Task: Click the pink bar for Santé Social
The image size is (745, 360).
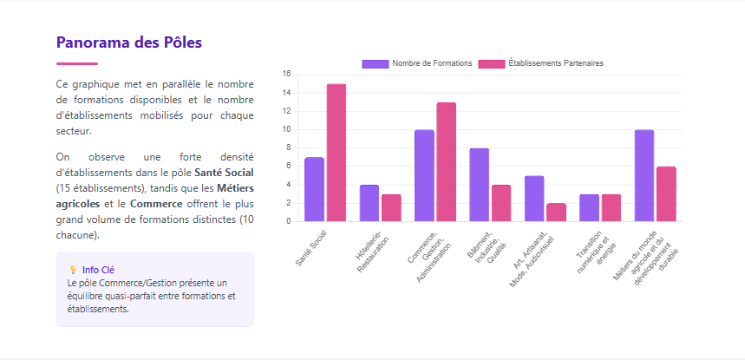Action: tap(337, 153)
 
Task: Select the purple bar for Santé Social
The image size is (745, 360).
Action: tap(314, 189)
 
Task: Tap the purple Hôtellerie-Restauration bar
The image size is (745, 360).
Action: tap(369, 203)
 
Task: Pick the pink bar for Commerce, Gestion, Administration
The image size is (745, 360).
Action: tap(446, 161)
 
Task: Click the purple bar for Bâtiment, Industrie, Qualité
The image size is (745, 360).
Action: tap(479, 185)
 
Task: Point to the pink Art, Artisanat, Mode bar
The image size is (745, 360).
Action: tap(556, 212)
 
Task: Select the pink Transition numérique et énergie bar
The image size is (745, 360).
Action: tap(611, 207)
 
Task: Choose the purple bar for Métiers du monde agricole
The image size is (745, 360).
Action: tap(644, 175)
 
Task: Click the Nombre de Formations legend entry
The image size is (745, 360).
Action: tap(417, 63)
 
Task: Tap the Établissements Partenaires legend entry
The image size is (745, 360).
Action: tap(542, 63)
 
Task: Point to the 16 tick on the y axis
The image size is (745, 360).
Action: tap(287, 74)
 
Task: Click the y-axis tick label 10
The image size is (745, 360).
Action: tap(287, 129)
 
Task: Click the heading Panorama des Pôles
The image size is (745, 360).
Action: tap(129, 42)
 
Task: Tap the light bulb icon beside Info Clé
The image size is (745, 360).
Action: tap(72, 270)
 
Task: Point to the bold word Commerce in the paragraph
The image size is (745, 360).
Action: tap(155, 203)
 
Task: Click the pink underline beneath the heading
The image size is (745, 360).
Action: tap(77, 63)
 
